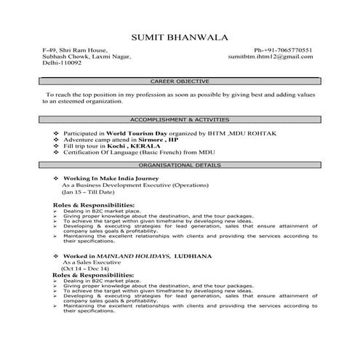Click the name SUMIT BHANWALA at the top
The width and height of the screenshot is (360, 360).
click(x=179, y=36)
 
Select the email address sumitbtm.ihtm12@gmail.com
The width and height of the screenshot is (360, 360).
click(x=271, y=56)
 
